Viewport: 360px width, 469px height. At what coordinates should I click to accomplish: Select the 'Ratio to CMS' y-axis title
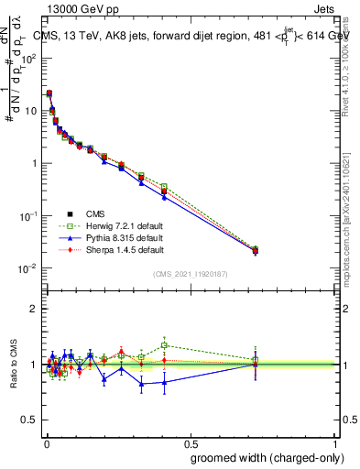14,364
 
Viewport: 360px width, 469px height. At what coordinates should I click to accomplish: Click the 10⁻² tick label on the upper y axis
27,268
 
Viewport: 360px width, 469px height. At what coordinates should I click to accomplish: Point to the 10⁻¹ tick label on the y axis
27,216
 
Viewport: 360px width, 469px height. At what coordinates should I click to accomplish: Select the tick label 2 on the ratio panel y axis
32,309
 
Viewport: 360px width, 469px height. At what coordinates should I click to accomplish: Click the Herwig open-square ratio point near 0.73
256,360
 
